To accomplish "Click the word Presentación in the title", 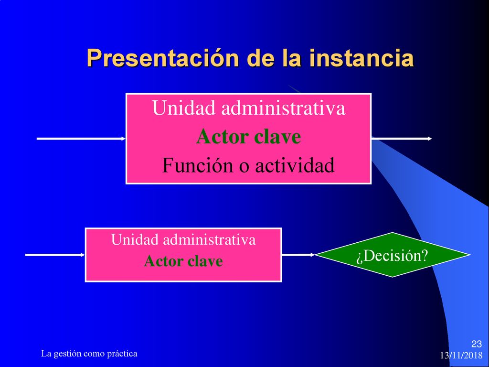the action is pyautogui.click(x=163, y=58).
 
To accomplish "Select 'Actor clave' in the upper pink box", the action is pyautogui.click(x=248, y=137).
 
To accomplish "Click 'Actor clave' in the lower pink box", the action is pyautogui.click(x=183, y=261).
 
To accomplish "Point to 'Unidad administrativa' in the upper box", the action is pyautogui.click(x=249, y=108).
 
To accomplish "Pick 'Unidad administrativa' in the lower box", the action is pyautogui.click(x=183, y=240).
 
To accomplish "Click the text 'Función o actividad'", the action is pyautogui.click(x=248, y=165).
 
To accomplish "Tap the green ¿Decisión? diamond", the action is pyautogui.click(x=393, y=255).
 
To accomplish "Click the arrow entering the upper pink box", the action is pyautogui.click(x=81, y=139).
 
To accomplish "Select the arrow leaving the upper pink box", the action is pyautogui.click(x=402, y=139).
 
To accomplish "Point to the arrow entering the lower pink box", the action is pyautogui.click(x=55, y=255).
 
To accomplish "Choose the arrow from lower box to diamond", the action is pyautogui.click(x=298, y=255).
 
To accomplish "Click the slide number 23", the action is pyautogui.click(x=476, y=344).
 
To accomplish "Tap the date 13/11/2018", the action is pyautogui.click(x=461, y=356).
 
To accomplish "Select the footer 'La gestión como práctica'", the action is pyautogui.click(x=89, y=354).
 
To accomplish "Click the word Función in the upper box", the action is pyautogui.click(x=197, y=165).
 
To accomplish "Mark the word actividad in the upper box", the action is pyautogui.click(x=295, y=165).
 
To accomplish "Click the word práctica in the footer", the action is pyautogui.click(x=122, y=354).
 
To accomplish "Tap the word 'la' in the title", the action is pyautogui.click(x=292, y=58).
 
